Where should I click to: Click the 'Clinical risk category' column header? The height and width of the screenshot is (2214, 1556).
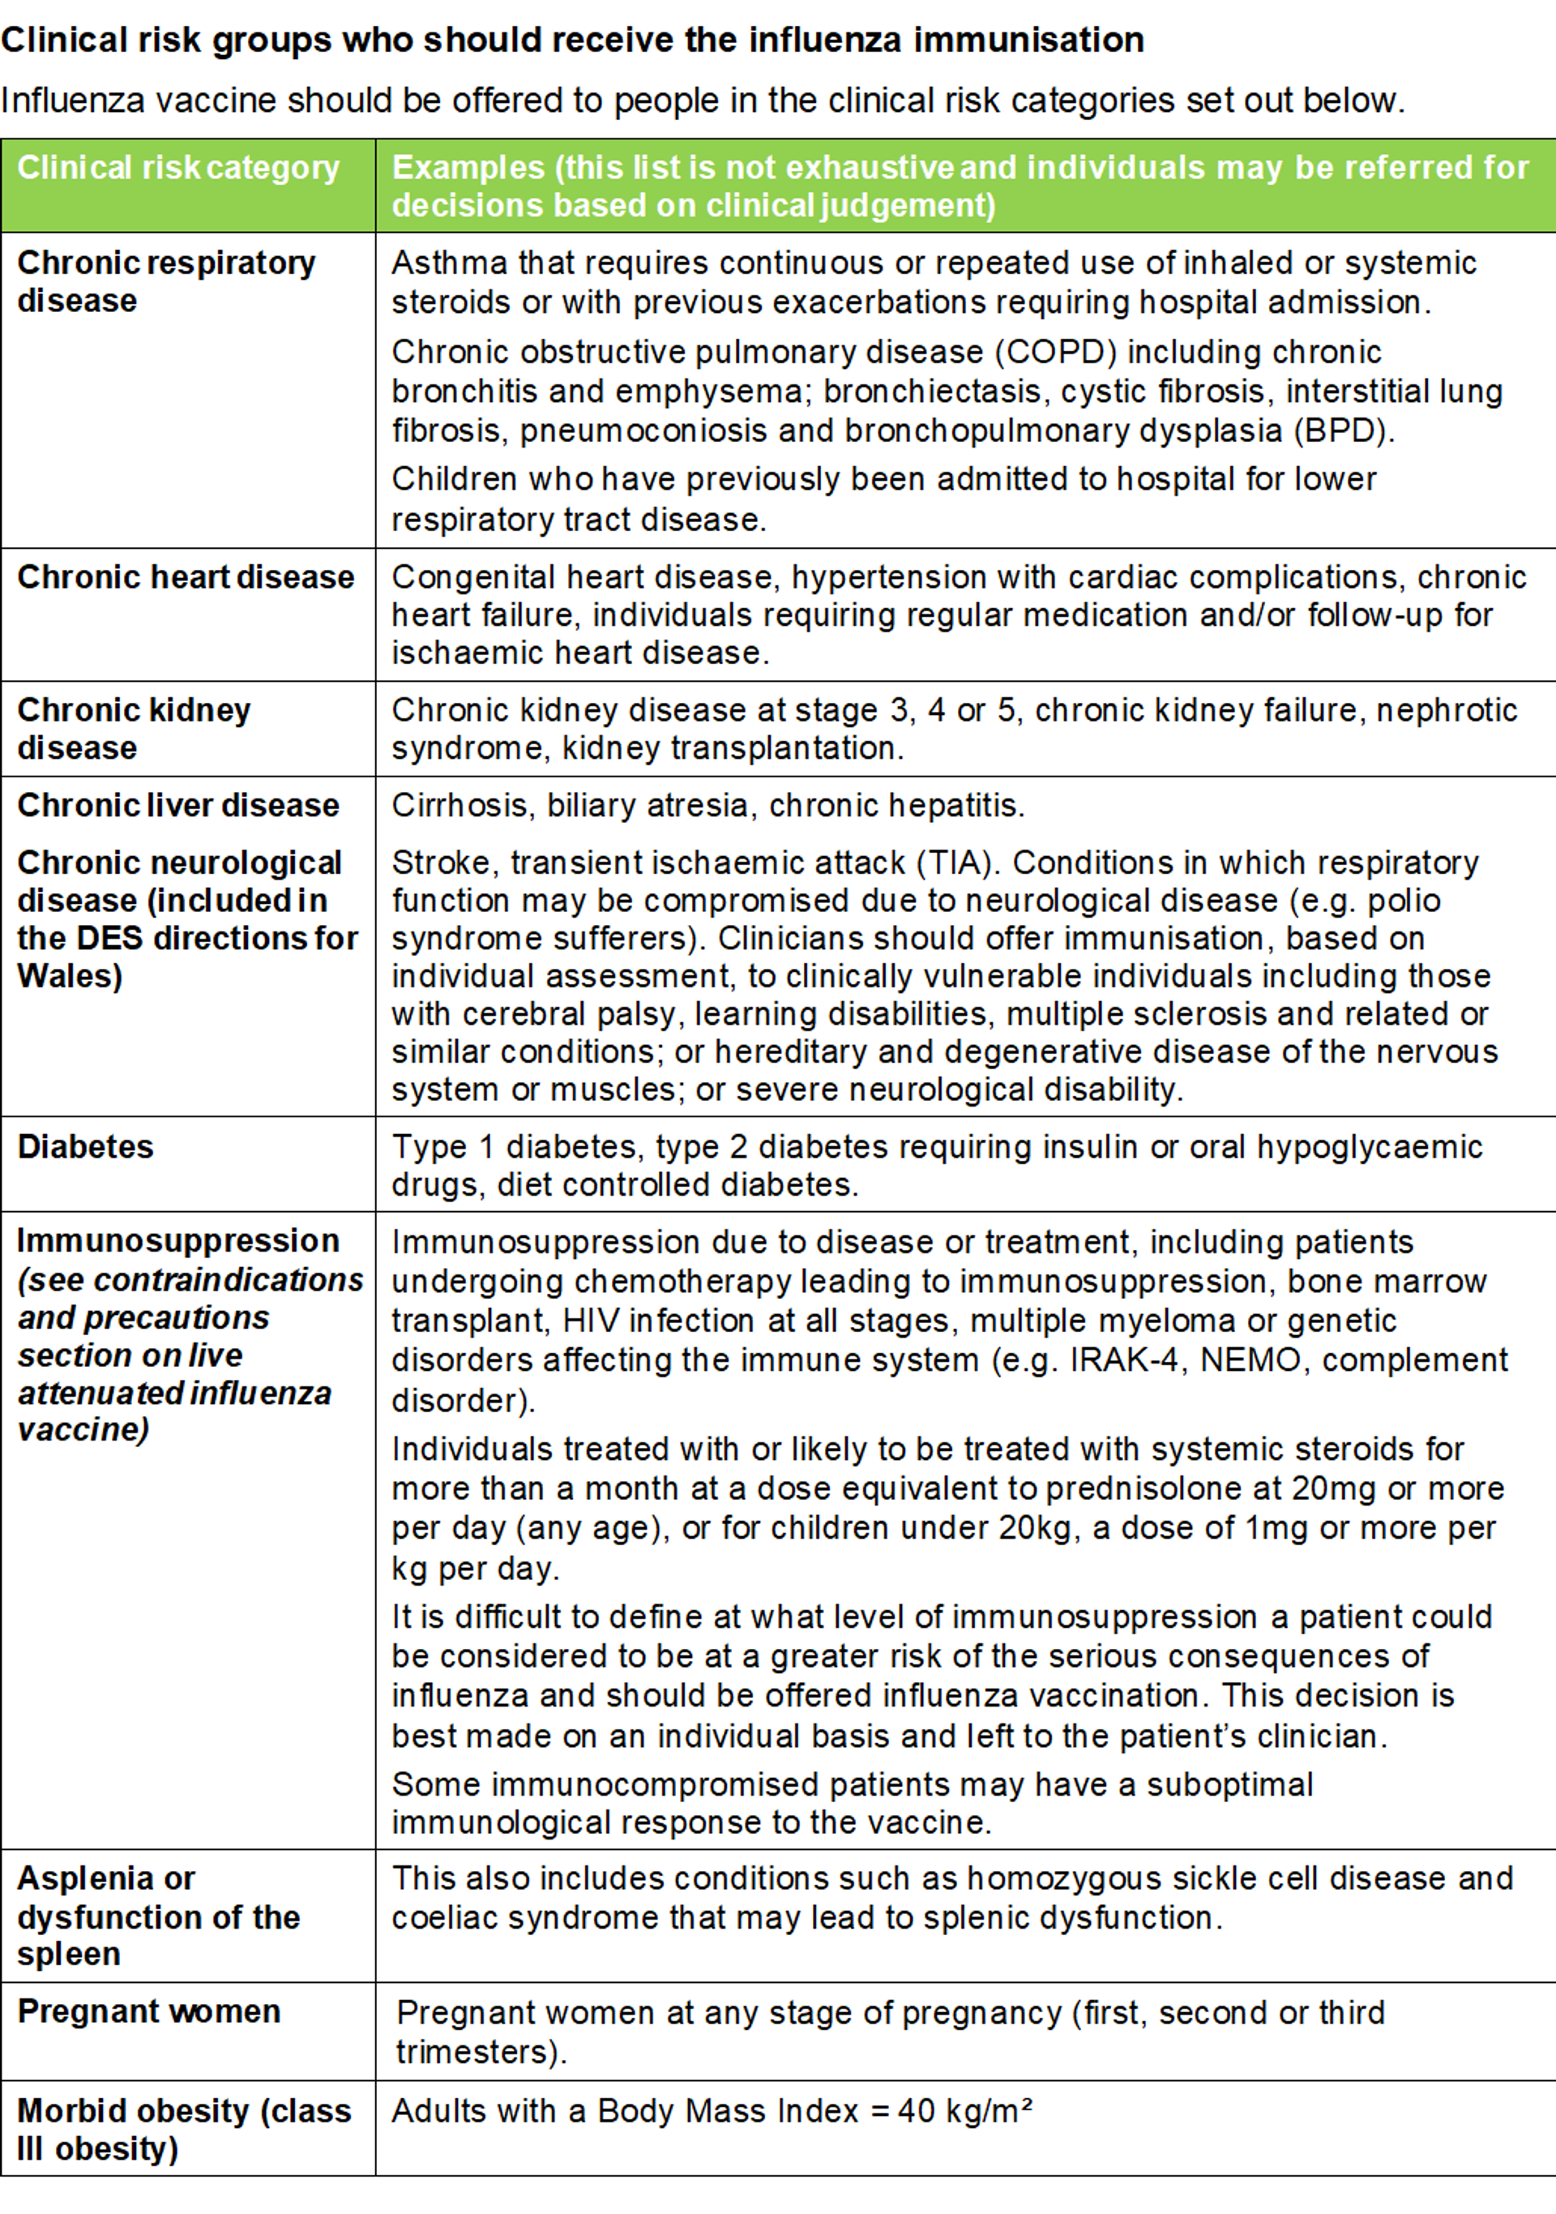tap(178, 168)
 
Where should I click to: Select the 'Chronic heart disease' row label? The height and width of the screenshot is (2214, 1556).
tap(185, 576)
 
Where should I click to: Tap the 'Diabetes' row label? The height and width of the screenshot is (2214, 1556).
tap(85, 1146)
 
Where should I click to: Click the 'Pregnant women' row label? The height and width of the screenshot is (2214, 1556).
tap(148, 2011)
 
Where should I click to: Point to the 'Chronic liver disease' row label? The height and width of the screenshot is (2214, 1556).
tap(178, 805)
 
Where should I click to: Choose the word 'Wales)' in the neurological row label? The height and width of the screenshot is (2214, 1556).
tap(70, 976)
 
